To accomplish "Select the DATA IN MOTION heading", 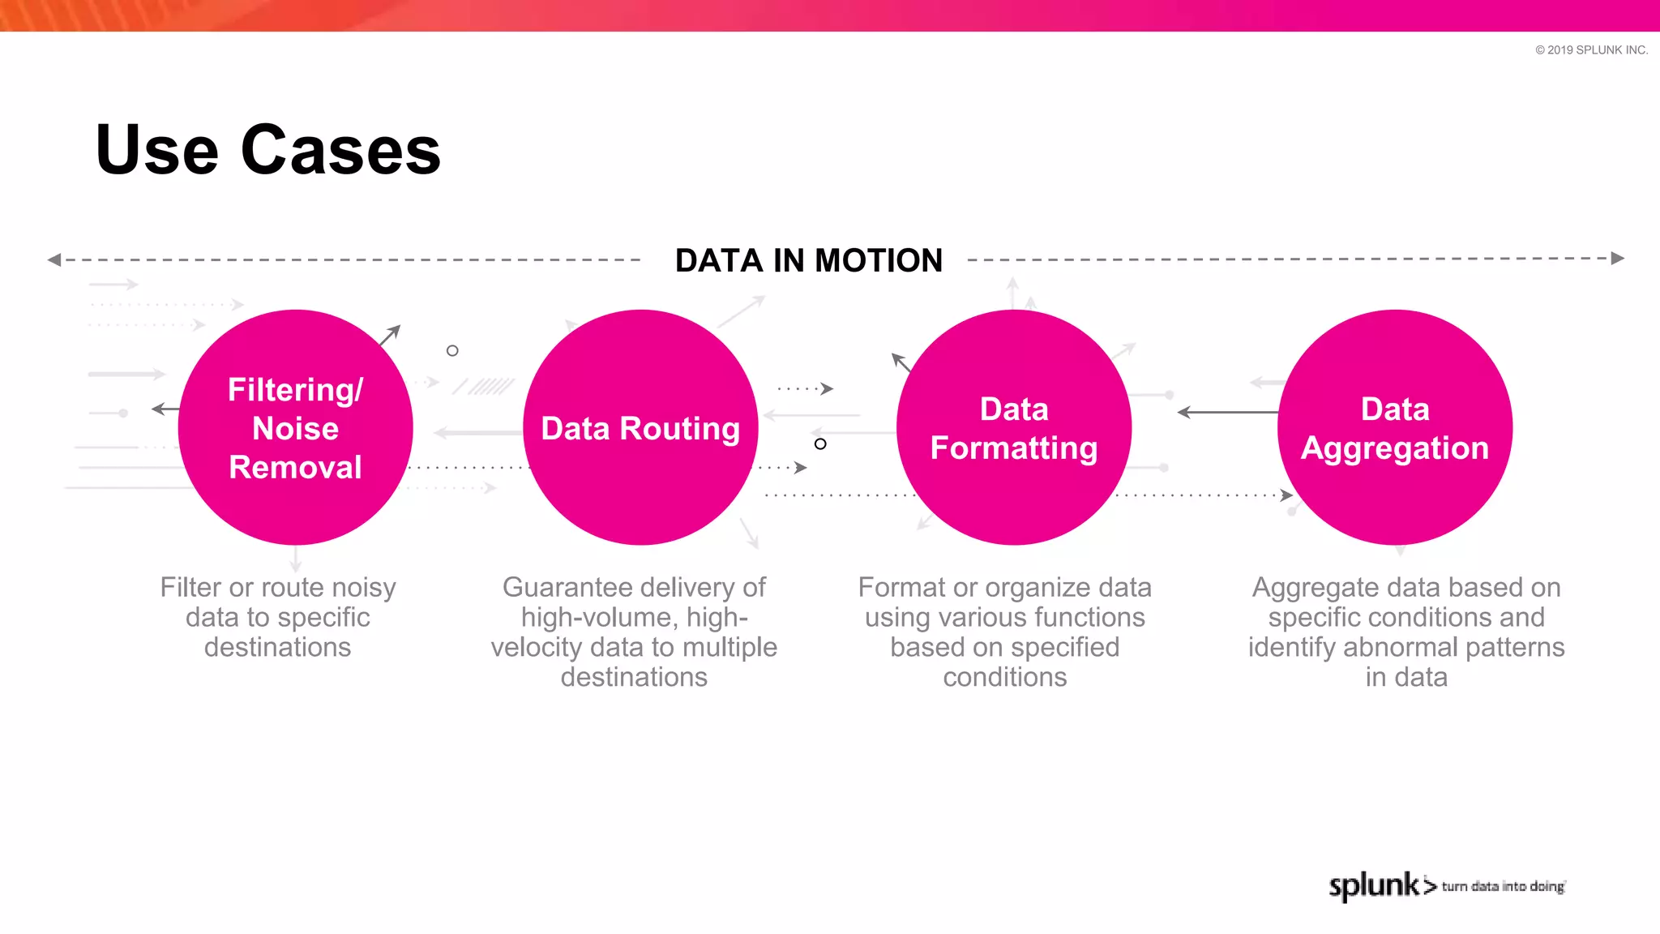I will tap(808, 261).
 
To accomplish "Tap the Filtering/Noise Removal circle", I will tap(295, 427).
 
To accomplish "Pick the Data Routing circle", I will tap(640, 427).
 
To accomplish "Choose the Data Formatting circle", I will tap(1013, 427).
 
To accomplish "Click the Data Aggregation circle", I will tap(1394, 427).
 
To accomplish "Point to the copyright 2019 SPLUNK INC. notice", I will tap(1591, 50).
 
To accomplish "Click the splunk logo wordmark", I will tap(1374, 885).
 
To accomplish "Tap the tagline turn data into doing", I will tap(1503, 886).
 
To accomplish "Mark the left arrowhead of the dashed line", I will tap(54, 260).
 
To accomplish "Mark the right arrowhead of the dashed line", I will tap(1618, 259).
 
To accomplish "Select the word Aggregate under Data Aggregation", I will tap(1306, 587).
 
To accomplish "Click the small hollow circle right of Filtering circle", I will tap(452, 351).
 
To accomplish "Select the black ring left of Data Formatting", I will tap(820, 443).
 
